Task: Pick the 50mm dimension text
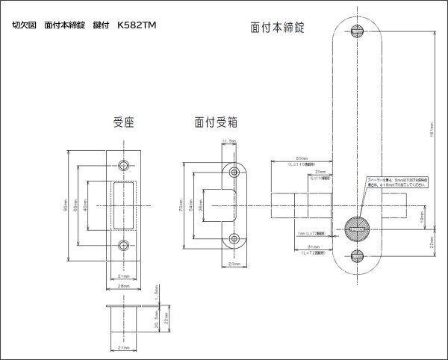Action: point(302,159)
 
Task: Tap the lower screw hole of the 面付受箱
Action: point(234,239)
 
